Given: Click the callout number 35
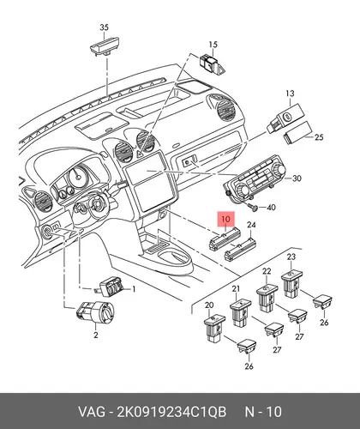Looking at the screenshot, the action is click(x=104, y=27).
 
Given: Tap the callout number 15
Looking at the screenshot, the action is click(x=213, y=45).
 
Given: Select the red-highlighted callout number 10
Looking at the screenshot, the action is click(x=225, y=219).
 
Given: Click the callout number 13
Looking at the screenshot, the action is click(x=290, y=94).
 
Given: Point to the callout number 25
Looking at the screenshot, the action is click(x=319, y=137).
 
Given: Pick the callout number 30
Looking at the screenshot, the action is click(x=297, y=178).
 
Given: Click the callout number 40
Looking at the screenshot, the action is click(x=271, y=207).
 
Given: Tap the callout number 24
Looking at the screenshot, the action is click(x=251, y=225).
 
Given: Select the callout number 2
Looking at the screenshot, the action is click(x=96, y=335).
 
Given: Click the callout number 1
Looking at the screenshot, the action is click(x=133, y=289).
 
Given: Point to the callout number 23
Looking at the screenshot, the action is click(x=291, y=257).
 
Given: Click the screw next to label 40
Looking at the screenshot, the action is click(x=253, y=207).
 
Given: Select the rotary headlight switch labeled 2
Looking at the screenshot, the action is click(x=95, y=313).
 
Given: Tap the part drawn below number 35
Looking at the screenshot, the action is click(x=104, y=47).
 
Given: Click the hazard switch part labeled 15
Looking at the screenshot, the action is click(x=212, y=64).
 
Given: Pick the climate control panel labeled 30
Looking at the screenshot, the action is click(x=254, y=181).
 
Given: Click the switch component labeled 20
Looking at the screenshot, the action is click(x=214, y=328).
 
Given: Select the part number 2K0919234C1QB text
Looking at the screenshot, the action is click(x=171, y=412).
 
